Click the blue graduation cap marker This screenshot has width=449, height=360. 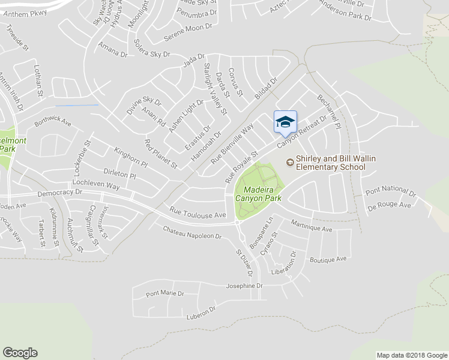pyautogui.click(x=285, y=122)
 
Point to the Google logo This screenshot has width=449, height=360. pyautogui.click(x=20, y=353)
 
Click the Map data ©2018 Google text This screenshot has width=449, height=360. pyautogui.click(x=411, y=355)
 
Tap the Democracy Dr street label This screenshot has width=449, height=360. pyautogui.click(x=59, y=193)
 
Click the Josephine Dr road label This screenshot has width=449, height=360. pyautogui.click(x=244, y=286)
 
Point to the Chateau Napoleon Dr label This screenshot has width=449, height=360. pyautogui.click(x=192, y=232)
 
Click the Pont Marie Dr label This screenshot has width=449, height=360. pyautogui.click(x=164, y=294)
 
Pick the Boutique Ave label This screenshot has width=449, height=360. pyautogui.click(x=328, y=260)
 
